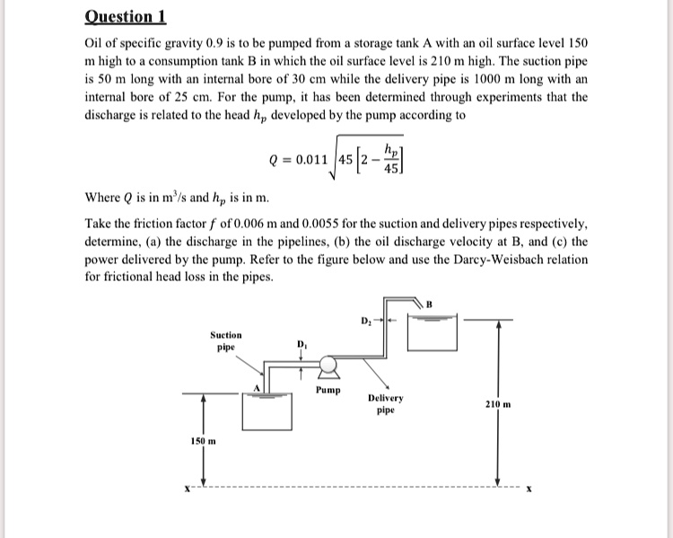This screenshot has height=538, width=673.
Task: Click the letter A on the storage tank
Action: (x=256, y=387)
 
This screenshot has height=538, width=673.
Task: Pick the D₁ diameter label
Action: (x=301, y=344)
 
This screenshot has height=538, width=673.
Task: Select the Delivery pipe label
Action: (x=386, y=403)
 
